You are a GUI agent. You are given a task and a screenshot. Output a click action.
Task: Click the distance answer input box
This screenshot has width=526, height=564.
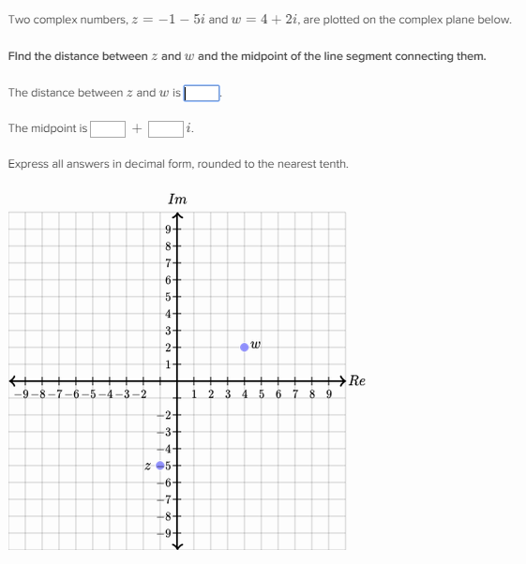coord(202,93)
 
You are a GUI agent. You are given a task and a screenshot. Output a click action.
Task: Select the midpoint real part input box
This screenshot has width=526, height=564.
coord(108,128)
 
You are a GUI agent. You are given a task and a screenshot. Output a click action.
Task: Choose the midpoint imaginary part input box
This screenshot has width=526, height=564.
coord(165,128)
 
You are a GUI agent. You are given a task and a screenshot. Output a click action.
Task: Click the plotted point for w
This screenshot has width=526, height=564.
coord(245,347)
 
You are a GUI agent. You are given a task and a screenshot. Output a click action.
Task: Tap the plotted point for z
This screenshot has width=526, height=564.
coord(160,465)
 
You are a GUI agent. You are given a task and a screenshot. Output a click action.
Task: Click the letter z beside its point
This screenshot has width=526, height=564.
coord(147,465)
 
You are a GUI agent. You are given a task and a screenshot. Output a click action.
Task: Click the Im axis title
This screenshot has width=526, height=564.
coord(176,199)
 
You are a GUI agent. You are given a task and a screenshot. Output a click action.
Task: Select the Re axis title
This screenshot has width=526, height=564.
coord(356,380)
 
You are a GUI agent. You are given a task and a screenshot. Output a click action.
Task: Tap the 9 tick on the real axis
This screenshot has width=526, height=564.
coord(328,394)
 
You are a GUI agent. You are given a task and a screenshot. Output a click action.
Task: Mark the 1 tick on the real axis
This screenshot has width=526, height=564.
coord(194,394)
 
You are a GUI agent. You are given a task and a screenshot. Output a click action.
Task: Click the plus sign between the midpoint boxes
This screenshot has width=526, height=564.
coord(137,128)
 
